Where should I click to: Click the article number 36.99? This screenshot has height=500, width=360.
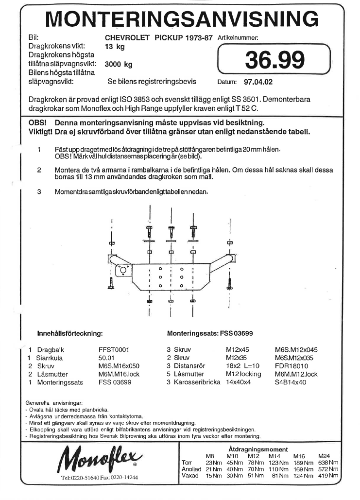coord(275,60)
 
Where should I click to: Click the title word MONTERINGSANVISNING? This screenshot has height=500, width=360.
coord(182,19)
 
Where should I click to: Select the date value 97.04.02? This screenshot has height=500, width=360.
coord(259,83)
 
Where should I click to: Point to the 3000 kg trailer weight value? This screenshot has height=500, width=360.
coord(119,64)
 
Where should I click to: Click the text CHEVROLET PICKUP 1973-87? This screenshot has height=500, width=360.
coord(158,37)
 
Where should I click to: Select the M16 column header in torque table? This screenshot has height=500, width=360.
coord(299,456)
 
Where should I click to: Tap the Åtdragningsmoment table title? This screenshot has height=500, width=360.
coord(258,449)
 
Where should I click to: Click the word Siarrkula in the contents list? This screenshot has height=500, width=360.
coord(52,358)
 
